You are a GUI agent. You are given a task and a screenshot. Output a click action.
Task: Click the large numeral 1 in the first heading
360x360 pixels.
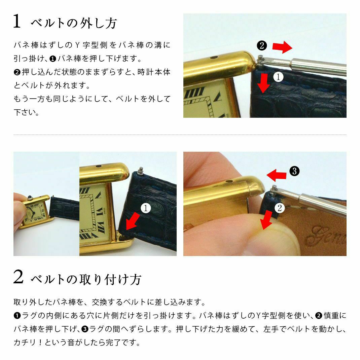(x=17, y=21)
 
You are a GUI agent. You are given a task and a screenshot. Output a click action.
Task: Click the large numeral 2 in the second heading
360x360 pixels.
(x=18, y=277)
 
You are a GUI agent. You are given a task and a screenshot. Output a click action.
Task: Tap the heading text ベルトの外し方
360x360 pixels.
(x=74, y=23)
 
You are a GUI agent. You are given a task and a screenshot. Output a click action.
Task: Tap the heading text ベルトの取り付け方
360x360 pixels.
(x=86, y=279)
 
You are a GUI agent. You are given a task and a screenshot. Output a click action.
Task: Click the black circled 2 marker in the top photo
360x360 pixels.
(x=262, y=45)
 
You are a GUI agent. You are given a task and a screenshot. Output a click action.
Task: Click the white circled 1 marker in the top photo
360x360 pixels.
(x=278, y=77)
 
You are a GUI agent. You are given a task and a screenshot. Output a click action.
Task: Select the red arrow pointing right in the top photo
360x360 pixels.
(x=282, y=47)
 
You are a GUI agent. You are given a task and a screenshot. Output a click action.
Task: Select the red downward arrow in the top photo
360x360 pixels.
(x=263, y=83)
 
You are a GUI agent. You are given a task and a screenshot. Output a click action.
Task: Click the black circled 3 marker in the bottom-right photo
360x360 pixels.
(x=295, y=171)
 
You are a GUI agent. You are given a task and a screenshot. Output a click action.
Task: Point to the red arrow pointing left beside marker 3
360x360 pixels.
(x=277, y=175)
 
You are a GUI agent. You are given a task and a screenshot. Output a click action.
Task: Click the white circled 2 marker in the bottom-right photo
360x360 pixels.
(x=280, y=208)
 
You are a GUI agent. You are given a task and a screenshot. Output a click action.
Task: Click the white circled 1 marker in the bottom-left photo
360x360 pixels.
(x=146, y=208)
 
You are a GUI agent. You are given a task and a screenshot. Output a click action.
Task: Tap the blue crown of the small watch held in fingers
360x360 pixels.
(x=30, y=198)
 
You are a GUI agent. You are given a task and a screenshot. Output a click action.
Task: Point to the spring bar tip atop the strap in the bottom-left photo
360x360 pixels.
(x=141, y=170)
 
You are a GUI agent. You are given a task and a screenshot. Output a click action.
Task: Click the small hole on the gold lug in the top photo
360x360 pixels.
(x=214, y=57)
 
